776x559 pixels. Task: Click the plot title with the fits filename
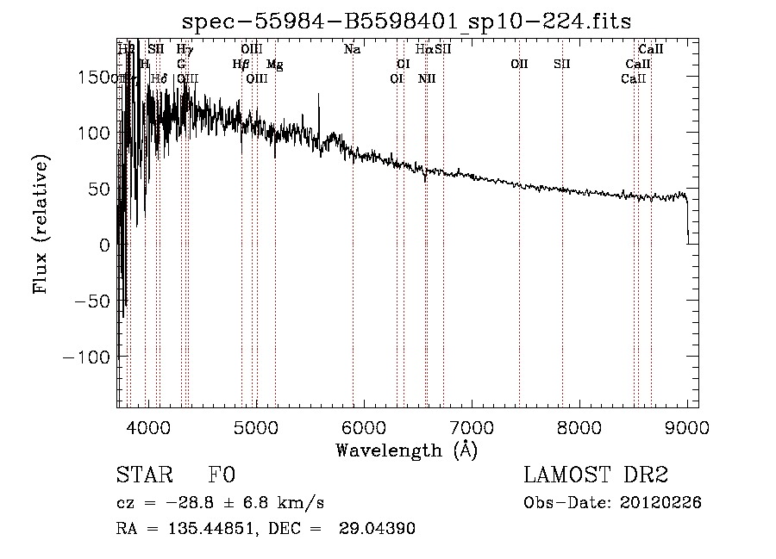tap(408, 23)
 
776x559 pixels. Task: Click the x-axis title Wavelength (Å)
tap(406, 450)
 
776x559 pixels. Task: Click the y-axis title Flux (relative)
tap(41, 223)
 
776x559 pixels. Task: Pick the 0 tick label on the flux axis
tap(104, 245)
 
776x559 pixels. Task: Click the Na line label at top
tap(352, 50)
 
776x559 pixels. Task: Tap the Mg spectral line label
tap(274, 65)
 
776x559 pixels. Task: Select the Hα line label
tap(423, 50)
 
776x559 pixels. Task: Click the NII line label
tap(427, 79)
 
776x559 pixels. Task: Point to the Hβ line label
tap(241, 65)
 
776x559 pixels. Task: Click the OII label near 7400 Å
tap(519, 65)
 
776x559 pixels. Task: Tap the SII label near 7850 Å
tap(562, 65)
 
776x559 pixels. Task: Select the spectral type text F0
tap(222, 475)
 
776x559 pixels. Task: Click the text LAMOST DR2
tap(596, 475)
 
